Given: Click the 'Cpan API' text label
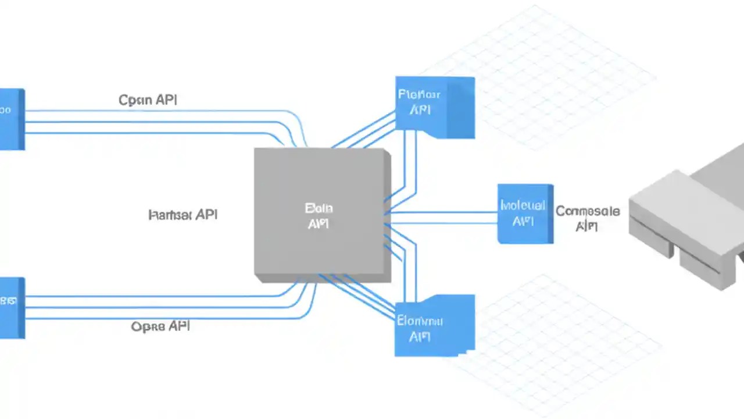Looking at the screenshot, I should coord(148,100).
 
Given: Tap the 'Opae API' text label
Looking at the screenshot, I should coord(160,326).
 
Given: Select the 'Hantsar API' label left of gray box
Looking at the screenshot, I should coord(183,215).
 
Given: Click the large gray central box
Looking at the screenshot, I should coord(321,214).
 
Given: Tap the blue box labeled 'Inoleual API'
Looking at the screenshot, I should coord(525,214).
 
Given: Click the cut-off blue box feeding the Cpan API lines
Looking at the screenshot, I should coord(11,119).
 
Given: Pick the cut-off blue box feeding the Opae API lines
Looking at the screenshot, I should coord(11,307).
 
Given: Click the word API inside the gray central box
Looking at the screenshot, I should coord(318,224).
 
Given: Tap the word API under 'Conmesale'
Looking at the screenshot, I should coord(586,226).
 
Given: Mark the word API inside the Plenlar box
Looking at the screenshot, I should coord(420,110).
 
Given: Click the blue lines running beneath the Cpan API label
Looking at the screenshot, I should coord(157,122).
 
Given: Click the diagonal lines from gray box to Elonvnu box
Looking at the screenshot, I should coord(363,297).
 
